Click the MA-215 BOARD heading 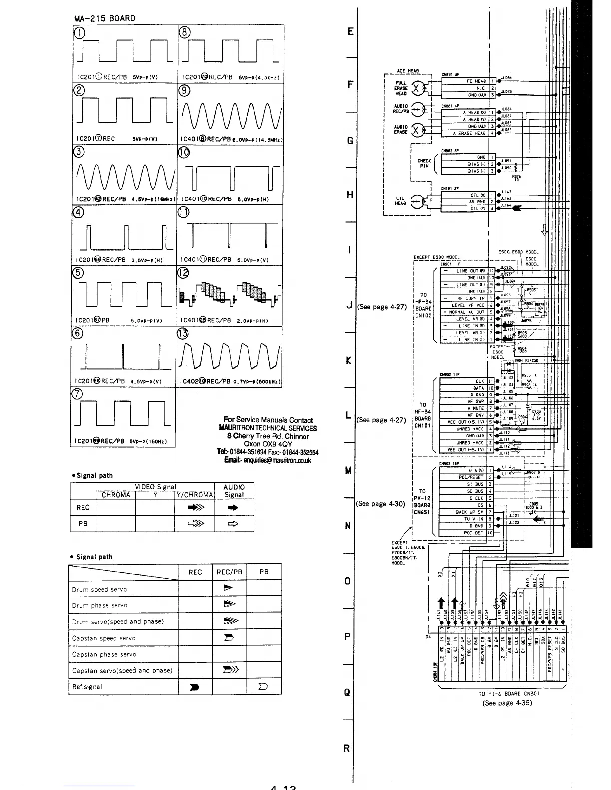(x=104, y=19)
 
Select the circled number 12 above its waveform (x=183, y=273)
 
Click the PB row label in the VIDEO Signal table (x=83, y=524)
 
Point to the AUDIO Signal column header (x=234, y=491)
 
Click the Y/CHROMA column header (x=194, y=495)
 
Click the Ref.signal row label (x=87, y=687)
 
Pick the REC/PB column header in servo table (x=230, y=572)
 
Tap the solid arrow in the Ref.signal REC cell (x=195, y=687)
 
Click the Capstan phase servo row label (x=104, y=654)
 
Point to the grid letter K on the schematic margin (x=349, y=360)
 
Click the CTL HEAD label (x=400, y=200)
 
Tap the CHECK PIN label (x=424, y=163)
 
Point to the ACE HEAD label (x=408, y=71)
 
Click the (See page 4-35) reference (x=507, y=703)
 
